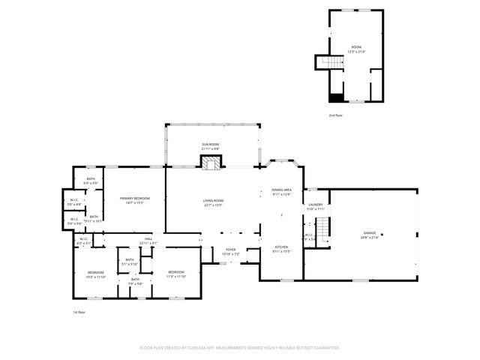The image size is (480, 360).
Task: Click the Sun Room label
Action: pos(210,145)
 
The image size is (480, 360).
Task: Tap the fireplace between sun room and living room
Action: pos(211,161)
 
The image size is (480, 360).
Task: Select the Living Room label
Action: pos(214,202)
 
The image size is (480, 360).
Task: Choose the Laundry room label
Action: pos(316,206)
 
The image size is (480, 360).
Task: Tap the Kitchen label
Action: pos(281,249)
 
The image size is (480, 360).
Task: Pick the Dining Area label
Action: pos(282,192)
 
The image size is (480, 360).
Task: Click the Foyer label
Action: pos(229,252)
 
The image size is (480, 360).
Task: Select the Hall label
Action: pos(148,241)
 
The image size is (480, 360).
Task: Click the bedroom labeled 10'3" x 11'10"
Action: pos(96,274)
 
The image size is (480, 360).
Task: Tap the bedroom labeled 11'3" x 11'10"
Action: pos(176,274)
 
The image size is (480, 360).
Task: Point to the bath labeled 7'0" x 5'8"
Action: pos(135,281)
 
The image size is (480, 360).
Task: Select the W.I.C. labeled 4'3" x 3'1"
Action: pos(83,241)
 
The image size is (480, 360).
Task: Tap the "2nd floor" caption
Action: pos(336,115)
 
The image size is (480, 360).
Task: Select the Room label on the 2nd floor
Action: pos(356,49)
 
